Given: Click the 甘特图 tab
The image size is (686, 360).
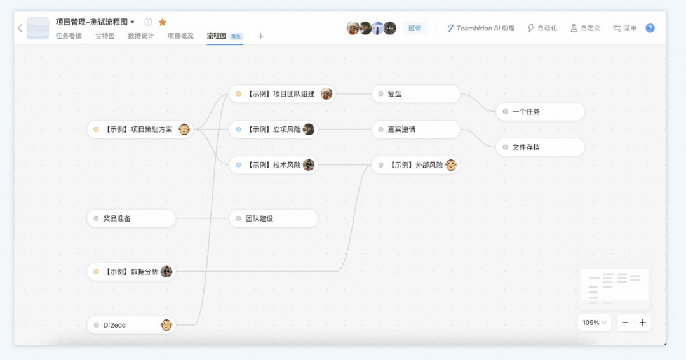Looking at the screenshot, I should click(x=105, y=36).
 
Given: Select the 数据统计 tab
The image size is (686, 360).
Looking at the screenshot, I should click(x=141, y=36).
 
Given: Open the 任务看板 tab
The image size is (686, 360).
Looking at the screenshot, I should click(x=69, y=36).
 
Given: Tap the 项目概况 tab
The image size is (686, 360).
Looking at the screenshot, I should click(x=180, y=36).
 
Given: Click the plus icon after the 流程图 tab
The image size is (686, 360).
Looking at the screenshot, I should click(x=260, y=36).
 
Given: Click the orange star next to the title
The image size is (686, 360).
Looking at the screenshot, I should click(x=163, y=22).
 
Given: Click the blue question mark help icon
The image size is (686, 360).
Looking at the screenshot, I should click(x=650, y=28).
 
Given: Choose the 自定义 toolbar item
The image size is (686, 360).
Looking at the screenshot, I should click(x=585, y=29).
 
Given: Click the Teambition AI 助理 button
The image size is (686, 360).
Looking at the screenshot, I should click(x=480, y=29).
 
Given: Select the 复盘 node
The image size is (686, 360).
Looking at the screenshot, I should click(x=415, y=94).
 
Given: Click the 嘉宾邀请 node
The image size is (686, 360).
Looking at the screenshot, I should click(x=415, y=130).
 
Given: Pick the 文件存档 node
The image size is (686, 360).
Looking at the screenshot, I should click(x=540, y=147).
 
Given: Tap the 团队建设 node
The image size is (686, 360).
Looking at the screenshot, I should click(x=273, y=218).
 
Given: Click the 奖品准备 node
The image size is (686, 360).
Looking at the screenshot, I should click(x=131, y=218).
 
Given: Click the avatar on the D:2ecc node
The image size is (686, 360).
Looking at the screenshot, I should click(x=166, y=325).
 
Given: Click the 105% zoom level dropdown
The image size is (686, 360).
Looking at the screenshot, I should click(x=594, y=323).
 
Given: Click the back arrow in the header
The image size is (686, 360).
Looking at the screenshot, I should click(x=20, y=28).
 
